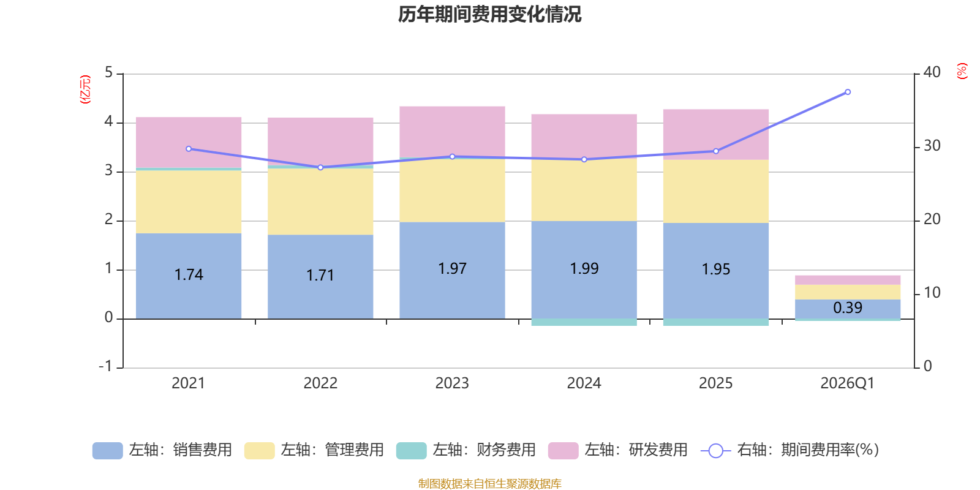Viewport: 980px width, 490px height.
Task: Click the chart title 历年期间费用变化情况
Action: (489, 15)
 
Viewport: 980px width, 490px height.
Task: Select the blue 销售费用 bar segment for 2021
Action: (189, 276)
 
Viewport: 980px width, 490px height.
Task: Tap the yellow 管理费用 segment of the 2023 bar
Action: (453, 190)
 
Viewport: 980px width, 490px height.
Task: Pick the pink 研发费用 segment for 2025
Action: (716, 134)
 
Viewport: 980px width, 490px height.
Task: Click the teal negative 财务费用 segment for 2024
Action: (584, 322)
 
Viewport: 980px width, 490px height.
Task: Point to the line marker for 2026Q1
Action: (848, 92)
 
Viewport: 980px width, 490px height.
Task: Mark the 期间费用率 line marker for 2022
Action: (320, 168)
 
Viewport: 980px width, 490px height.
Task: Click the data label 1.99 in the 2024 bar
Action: (584, 269)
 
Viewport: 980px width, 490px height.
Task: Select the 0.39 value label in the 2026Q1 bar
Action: (848, 308)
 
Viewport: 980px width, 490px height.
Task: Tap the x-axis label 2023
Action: (452, 383)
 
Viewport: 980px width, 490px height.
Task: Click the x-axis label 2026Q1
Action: (848, 383)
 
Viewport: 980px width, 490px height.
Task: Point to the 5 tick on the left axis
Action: (109, 73)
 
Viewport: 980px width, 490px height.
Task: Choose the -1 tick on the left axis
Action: (105, 366)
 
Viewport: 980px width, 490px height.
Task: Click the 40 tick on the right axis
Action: (932, 73)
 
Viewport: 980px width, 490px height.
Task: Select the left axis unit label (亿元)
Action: (85, 89)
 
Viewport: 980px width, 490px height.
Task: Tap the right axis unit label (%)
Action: (962, 71)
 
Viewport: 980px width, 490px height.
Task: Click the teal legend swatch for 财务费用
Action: (411, 451)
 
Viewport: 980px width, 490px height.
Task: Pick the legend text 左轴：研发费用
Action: (636, 450)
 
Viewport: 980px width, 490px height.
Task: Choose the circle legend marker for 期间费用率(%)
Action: (716, 451)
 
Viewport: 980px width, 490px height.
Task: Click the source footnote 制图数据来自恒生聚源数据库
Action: (489, 483)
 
